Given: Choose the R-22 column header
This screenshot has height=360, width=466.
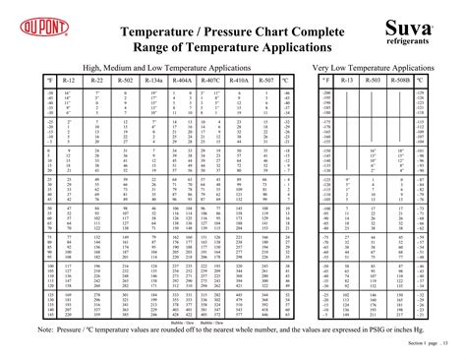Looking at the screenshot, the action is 95,78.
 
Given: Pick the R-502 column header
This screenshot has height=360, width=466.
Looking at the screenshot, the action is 124,78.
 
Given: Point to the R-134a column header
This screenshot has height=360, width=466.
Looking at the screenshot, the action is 152,78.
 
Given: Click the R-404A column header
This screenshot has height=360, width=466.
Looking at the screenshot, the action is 181,78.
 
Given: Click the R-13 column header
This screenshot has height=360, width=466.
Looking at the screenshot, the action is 351,78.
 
